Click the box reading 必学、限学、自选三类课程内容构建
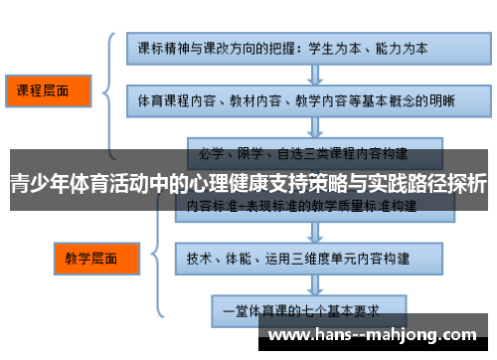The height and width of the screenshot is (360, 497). pyautogui.click(x=303, y=154)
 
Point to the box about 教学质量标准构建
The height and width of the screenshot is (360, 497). pyautogui.click(x=303, y=206)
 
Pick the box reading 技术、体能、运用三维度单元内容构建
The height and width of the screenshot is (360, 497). pyautogui.click(x=303, y=257)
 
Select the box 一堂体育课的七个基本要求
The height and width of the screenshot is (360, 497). pyautogui.click(x=303, y=308)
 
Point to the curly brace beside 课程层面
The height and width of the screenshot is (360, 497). pyautogui.click(x=107, y=91)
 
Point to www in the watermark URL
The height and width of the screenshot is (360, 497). pyautogui.click(x=289, y=336)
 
